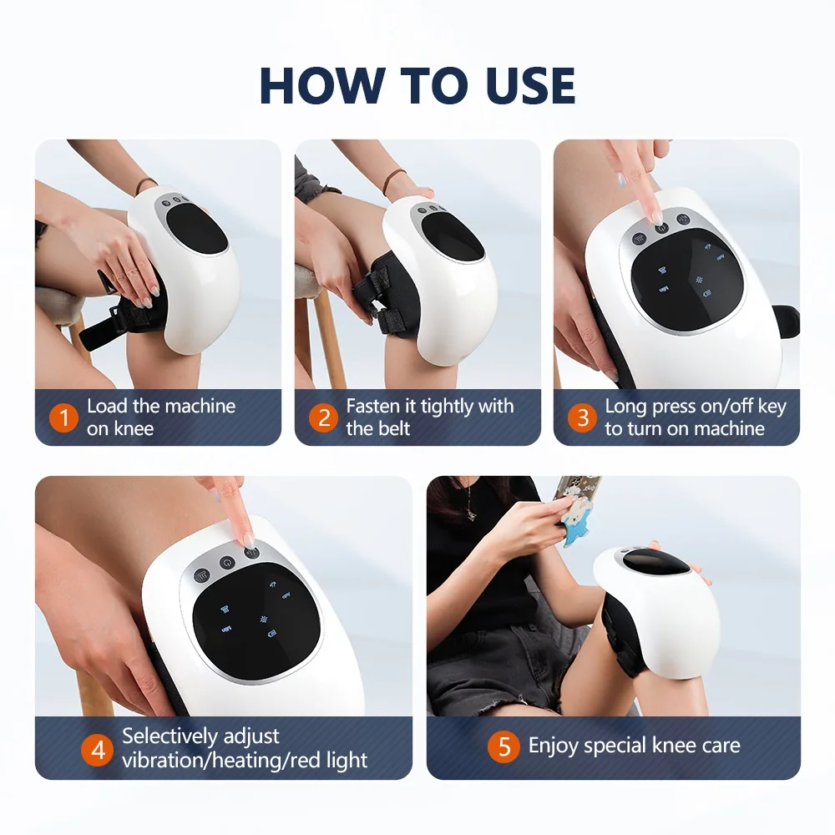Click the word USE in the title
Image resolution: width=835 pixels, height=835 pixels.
tap(523, 84)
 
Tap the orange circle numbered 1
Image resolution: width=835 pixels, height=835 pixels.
tap(63, 417)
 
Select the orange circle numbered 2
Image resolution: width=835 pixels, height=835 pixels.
tap(323, 417)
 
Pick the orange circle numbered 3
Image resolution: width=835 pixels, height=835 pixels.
tap(582, 417)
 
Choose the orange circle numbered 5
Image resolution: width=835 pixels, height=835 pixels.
tap(504, 746)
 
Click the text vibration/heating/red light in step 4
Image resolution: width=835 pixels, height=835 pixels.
tap(245, 761)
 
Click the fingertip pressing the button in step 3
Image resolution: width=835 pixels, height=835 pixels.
tap(659, 216)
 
